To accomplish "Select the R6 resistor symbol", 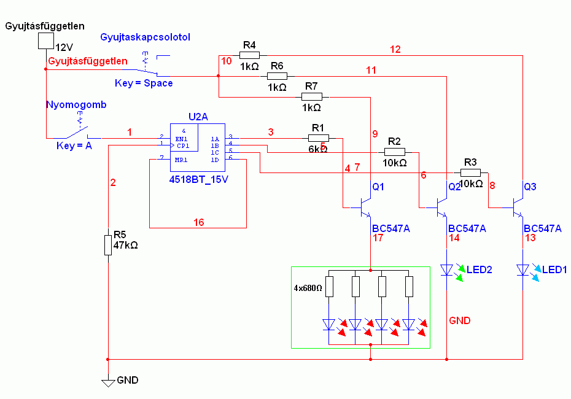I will [x=277, y=76].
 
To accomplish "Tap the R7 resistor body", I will [x=311, y=96].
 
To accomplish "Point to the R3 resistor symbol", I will [x=470, y=173].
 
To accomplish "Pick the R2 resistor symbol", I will [x=395, y=152].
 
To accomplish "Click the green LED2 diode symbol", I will [x=448, y=269].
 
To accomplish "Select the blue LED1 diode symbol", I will [x=523, y=269].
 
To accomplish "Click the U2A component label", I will [x=198, y=117].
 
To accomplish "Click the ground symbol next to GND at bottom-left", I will [x=108, y=382].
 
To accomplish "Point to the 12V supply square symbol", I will [x=45, y=41].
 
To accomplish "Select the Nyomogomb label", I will [x=76, y=104].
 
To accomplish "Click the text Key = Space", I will [x=144, y=83].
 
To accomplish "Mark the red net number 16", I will [x=198, y=222].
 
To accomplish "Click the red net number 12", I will [x=395, y=50].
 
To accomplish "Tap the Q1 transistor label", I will [x=378, y=187].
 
